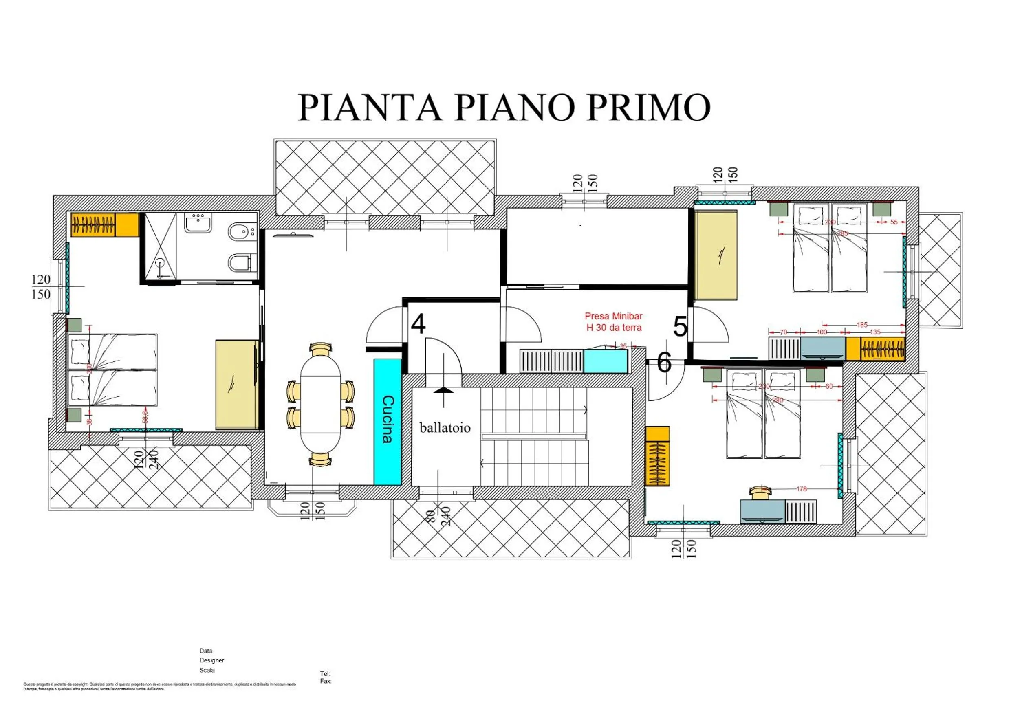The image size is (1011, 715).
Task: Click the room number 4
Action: (418, 324)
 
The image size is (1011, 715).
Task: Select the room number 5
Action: (680, 327)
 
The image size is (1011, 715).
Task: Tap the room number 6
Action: (664, 363)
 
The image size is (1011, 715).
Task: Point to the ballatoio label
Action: (445, 428)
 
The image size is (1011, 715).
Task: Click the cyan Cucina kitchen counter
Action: (387, 421)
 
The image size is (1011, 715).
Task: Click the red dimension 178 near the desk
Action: (802, 489)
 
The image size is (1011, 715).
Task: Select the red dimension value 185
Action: (862, 325)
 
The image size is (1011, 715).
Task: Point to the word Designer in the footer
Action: (212, 660)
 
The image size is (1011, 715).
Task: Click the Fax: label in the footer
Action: (326, 681)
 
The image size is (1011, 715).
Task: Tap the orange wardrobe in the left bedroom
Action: (105, 225)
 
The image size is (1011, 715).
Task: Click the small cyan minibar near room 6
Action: (606, 361)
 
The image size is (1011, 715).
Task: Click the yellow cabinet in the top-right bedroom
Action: (716, 255)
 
